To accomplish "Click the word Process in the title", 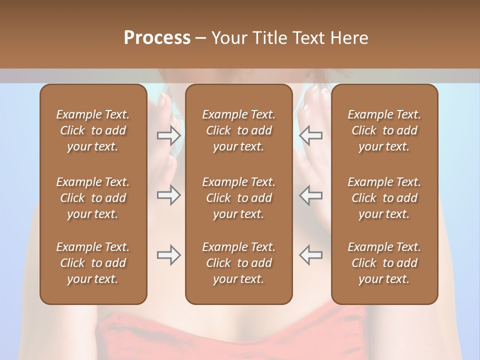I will (157, 38).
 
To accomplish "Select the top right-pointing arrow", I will (168, 135).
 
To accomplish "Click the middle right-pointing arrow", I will (168, 195).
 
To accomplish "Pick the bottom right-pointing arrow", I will (168, 255).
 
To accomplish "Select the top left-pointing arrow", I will (311, 135).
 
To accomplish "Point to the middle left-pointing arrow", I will (311, 195).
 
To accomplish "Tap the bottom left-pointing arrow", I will (311, 255).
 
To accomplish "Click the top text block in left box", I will (93, 130).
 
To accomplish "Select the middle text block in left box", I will (93, 198).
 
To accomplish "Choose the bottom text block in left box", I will (93, 263).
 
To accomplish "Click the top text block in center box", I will (238, 130).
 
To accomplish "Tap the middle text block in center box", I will (238, 198).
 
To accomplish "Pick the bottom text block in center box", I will (238, 263).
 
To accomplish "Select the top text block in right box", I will (384, 130).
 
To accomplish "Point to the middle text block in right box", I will (384, 198).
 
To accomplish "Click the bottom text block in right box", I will (384, 263).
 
